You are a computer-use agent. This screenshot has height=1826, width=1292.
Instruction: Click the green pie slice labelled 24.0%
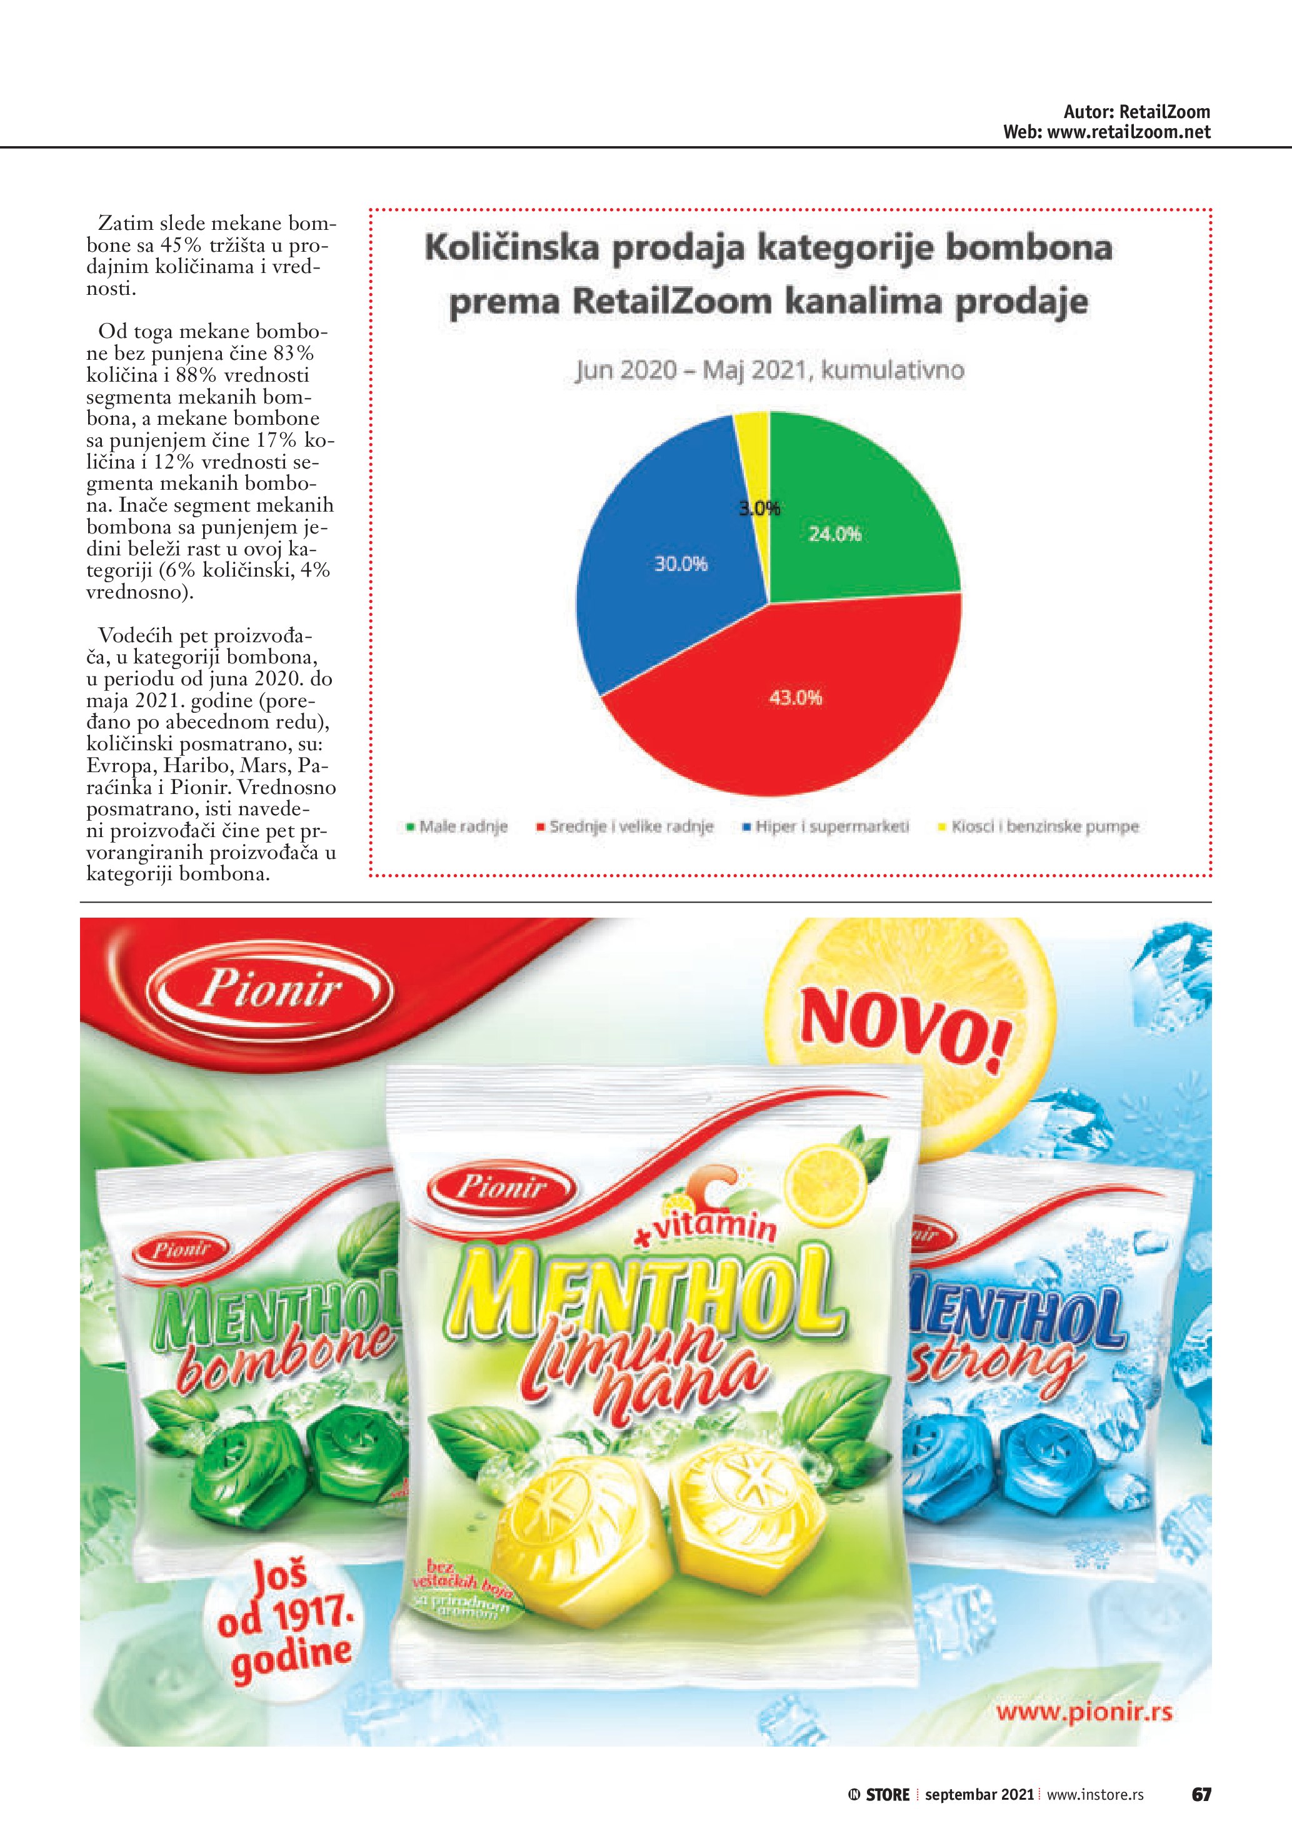click(851, 509)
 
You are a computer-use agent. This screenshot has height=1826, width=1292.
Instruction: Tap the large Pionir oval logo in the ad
click(271, 991)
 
